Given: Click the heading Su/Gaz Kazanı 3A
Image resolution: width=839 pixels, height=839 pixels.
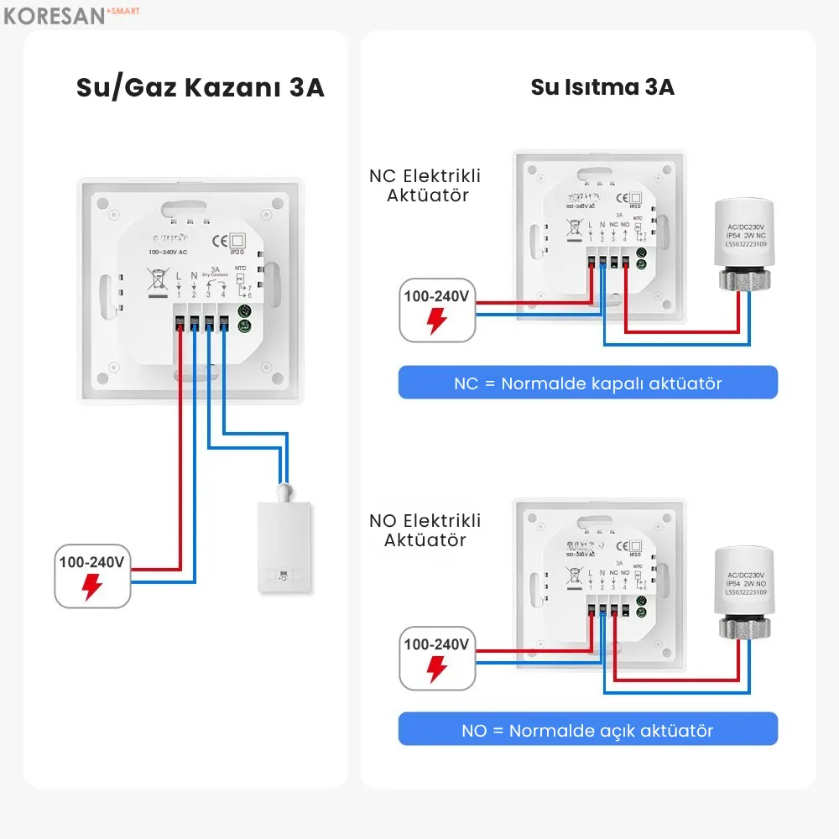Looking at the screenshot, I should pyautogui.click(x=200, y=88).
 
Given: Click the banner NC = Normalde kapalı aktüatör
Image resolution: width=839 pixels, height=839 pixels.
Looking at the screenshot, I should pyautogui.click(x=587, y=383).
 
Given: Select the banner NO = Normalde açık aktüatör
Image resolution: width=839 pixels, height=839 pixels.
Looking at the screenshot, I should pyautogui.click(x=587, y=730).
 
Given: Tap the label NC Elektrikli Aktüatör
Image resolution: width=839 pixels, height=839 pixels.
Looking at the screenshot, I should pyautogui.click(x=425, y=185).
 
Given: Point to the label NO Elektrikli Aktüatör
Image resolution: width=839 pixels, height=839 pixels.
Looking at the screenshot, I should pyautogui.click(x=425, y=530).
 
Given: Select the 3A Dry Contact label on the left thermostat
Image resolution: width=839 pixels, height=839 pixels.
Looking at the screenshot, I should pyautogui.click(x=216, y=272).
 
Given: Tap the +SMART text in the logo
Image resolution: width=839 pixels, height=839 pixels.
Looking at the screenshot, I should pyautogui.click(x=122, y=11).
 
